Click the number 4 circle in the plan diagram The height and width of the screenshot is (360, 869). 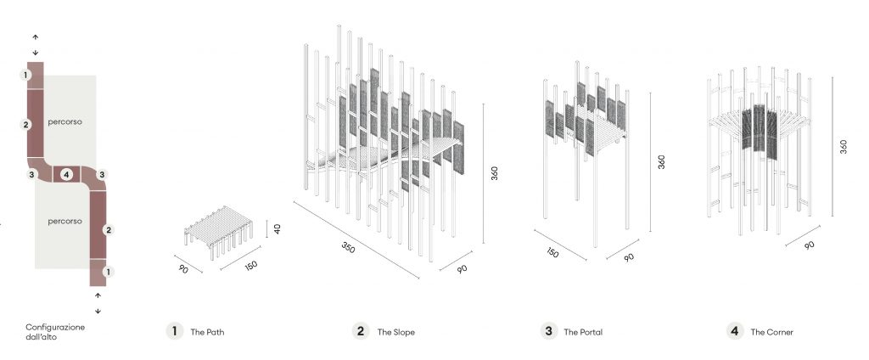(x=66, y=175)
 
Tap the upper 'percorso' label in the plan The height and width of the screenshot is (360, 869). (x=64, y=121)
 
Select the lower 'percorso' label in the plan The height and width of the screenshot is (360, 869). (x=64, y=221)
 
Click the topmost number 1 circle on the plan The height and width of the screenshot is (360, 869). (x=25, y=75)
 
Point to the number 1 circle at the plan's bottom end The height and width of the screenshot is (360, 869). (x=108, y=272)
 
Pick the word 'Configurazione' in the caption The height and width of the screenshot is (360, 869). (x=55, y=327)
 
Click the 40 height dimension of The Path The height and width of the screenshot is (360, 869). (x=276, y=228)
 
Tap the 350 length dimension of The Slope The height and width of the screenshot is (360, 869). (x=348, y=247)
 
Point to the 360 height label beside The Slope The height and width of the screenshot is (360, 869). (x=495, y=173)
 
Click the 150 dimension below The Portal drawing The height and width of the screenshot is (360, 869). (x=552, y=252)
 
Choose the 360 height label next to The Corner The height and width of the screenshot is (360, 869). (x=843, y=146)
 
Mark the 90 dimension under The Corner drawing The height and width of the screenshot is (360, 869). (x=810, y=245)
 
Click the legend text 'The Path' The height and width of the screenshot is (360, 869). (x=207, y=332)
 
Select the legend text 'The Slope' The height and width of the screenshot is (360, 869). (x=395, y=332)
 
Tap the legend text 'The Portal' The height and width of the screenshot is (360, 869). (x=583, y=332)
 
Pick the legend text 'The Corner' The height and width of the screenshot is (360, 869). (x=771, y=332)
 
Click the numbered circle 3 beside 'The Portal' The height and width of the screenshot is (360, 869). (x=549, y=331)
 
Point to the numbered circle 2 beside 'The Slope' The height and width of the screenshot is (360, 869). (x=361, y=331)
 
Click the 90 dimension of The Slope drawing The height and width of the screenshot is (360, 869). (x=463, y=268)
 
